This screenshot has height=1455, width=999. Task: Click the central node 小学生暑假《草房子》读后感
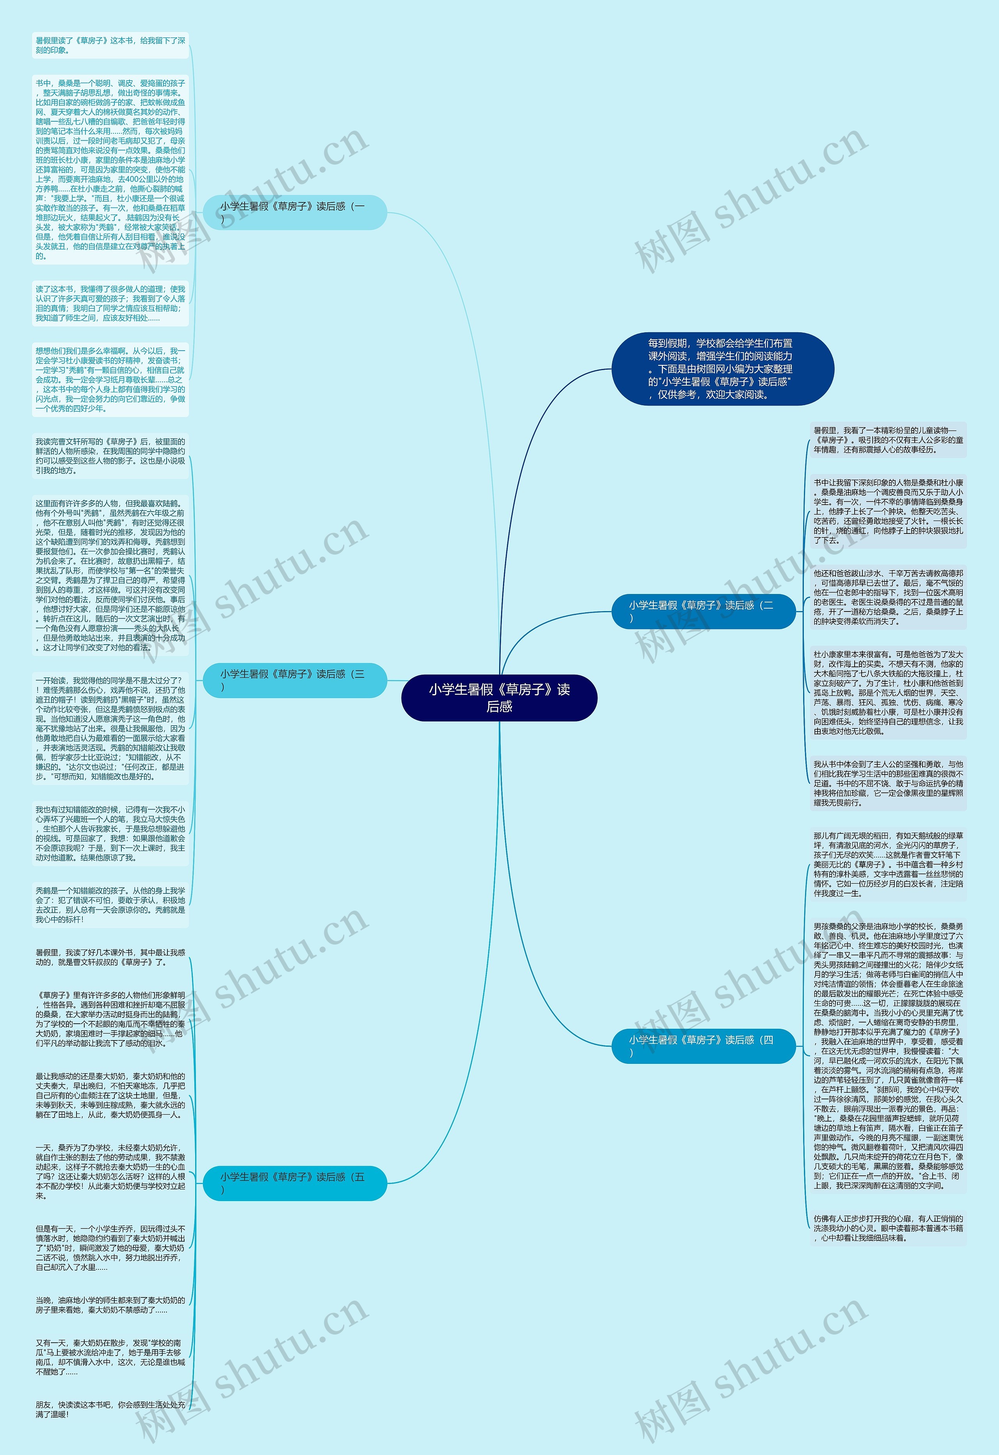pyautogui.click(x=499, y=697)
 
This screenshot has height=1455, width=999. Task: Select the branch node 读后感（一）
pyautogui.click(x=294, y=212)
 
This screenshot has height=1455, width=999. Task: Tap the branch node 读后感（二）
pyautogui.click(x=703, y=611)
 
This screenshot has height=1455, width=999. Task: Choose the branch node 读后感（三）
pyautogui.click(x=294, y=680)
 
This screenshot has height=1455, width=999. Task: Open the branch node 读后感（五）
pyautogui.click(x=294, y=1183)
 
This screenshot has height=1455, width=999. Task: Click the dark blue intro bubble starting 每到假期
pyautogui.click(x=722, y=369)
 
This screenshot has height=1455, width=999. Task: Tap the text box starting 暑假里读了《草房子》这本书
pyautogui.click(x=110, y=45)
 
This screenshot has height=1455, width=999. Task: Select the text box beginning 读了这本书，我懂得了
pyautogui.click(x=110, y=304)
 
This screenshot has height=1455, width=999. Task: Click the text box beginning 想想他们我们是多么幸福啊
pyautogui.click(x=110, y=379)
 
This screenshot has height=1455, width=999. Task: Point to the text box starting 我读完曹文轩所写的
pyautogui.click(x=110, y=456)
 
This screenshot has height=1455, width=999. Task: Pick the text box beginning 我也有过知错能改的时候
pyautogui.click(x=110, y=833)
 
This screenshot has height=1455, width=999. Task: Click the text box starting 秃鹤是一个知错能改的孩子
pyautogui.click(x=110, y=905)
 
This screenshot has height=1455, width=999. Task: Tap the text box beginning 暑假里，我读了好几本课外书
pyautogui.click(x=110, y=957)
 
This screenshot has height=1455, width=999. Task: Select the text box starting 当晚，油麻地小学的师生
pyautogui.click(x=110, y=1305)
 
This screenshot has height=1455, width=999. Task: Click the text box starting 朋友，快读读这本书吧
pyautogui.click(x=110, y=1409)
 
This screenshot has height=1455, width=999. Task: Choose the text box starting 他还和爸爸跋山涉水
pyautogui.click(x=887, y=597)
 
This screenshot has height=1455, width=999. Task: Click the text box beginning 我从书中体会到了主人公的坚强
pyautogui.click(x=887, y=783)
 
